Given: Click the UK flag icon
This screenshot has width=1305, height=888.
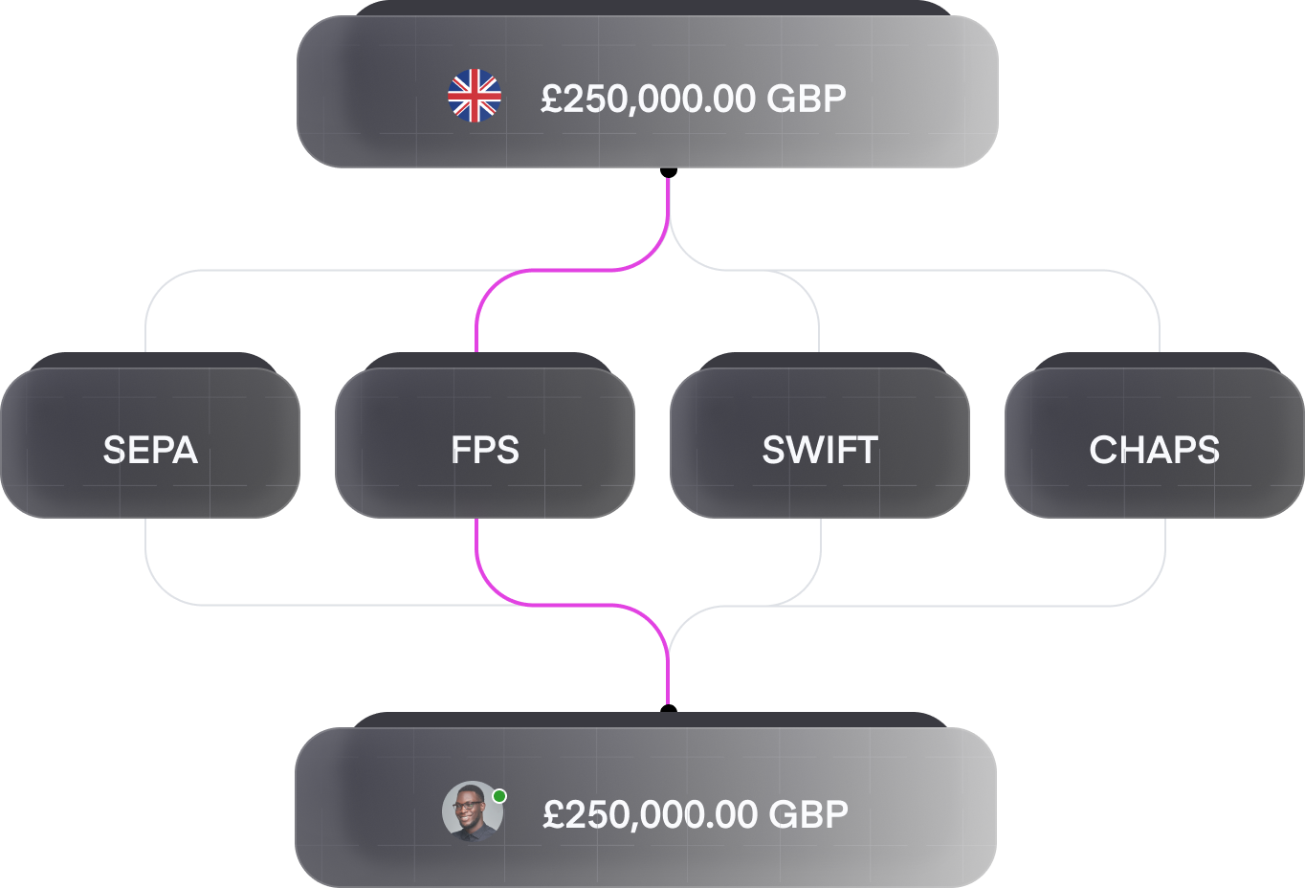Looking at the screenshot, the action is [x=475, y=96].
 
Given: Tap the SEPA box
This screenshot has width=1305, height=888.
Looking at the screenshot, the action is [x=150, y=435].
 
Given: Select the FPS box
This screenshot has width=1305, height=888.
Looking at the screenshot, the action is [x=485, y=435].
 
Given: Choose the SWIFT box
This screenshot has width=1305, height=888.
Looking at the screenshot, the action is [x=820, y=435].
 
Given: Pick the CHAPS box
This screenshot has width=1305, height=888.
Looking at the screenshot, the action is [x=1155, y=435].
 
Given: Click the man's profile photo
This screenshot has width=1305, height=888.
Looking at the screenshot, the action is [x=473, y=811].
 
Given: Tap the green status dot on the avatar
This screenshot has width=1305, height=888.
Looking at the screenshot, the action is [x=499, y=796].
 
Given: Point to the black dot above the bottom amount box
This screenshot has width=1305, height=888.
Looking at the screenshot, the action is [x=669, y=709].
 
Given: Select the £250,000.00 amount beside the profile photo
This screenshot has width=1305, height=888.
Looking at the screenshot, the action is [x=651, y=814].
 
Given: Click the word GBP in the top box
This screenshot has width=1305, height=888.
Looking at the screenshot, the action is [x=807, y=99].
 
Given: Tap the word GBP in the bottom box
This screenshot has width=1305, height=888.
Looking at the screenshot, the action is [x=808, y=814].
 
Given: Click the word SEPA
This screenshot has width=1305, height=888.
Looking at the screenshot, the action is [x=150, y=451].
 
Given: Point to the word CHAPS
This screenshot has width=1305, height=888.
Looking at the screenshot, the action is [x=1154, y=451].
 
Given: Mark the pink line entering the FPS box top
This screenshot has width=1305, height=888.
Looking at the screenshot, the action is [x=571, y=270].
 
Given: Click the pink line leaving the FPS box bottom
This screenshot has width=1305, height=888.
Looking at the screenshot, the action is [x=571, y=605].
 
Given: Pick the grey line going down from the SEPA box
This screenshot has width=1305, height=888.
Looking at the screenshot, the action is [x=349, y=605].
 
